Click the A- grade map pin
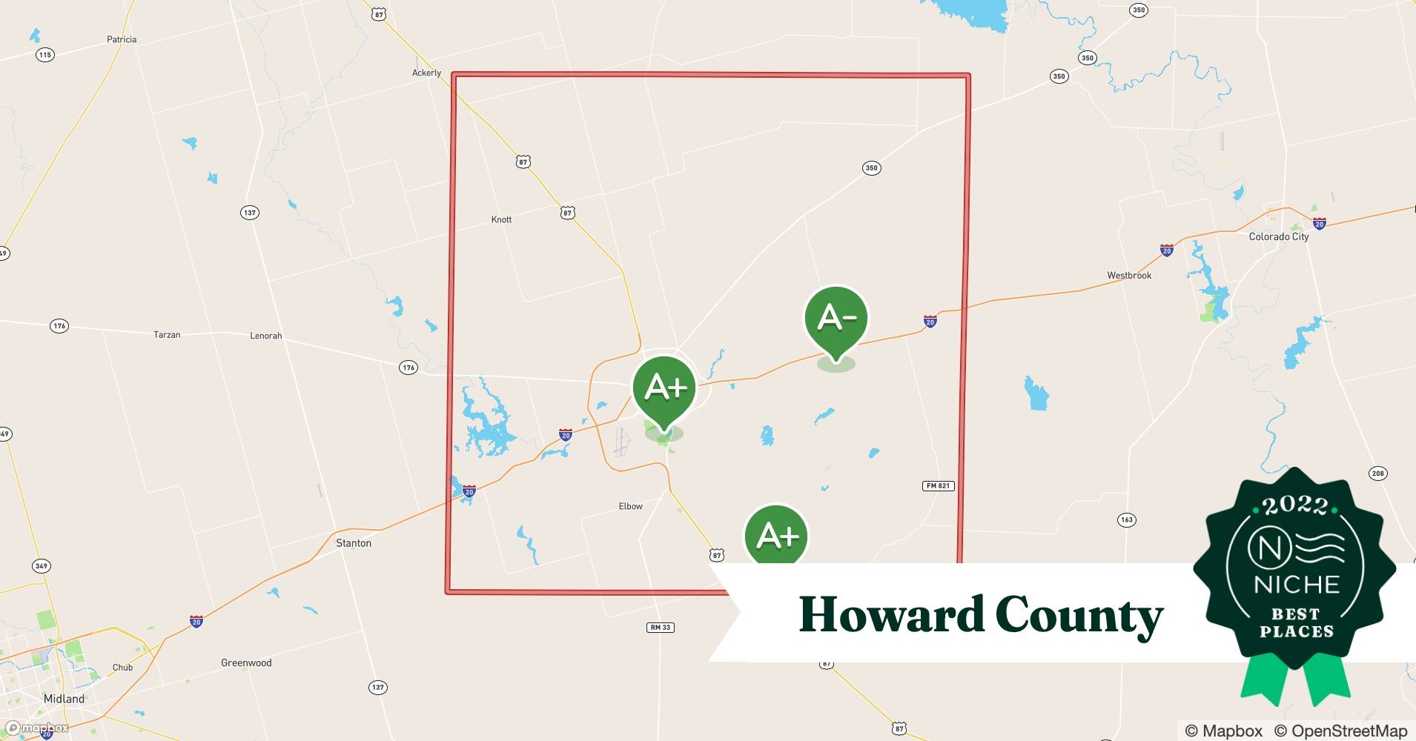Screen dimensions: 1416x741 coord(836,319)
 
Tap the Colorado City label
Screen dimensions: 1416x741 coord(1279,237)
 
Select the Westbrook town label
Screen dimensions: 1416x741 coord(1129,276)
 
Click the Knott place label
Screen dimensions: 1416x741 coord(501,220)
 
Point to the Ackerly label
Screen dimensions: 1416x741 coord(426,73)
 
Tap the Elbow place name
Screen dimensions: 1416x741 coord(630,507)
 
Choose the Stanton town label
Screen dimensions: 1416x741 coord(354,543)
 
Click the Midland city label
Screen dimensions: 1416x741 coord(64,699)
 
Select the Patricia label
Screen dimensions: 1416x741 coord(122,40)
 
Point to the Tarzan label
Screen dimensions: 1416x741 coord(167,335)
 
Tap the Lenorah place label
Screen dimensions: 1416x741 coord(265,336)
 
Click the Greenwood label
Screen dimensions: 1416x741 coord(246,663)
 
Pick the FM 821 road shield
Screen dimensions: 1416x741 coord(938,486)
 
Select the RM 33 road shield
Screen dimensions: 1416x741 coord(660,628)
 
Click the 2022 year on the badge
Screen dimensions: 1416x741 coord(1295,506)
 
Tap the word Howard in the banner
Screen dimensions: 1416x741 coord(890,615)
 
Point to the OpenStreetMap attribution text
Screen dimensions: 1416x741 coord(1340,731)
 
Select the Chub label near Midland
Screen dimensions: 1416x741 coord(122,668)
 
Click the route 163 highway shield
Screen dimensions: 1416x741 coord(1127,520)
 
